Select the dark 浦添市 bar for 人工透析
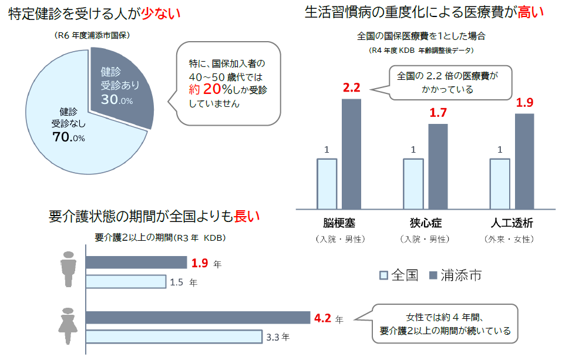tap(524, 161)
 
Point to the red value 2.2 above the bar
tap(351, 88)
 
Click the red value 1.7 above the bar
tap(438, 113)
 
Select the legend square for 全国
tap(384, 275)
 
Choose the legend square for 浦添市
tap(435, 275)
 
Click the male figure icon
tap(69, 270)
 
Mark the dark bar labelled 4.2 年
tap(197, 318)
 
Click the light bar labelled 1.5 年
tap(126, 282)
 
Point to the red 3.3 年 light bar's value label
tap(277, 337)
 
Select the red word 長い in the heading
tap(247, 216)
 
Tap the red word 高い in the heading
tap(531, 12)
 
